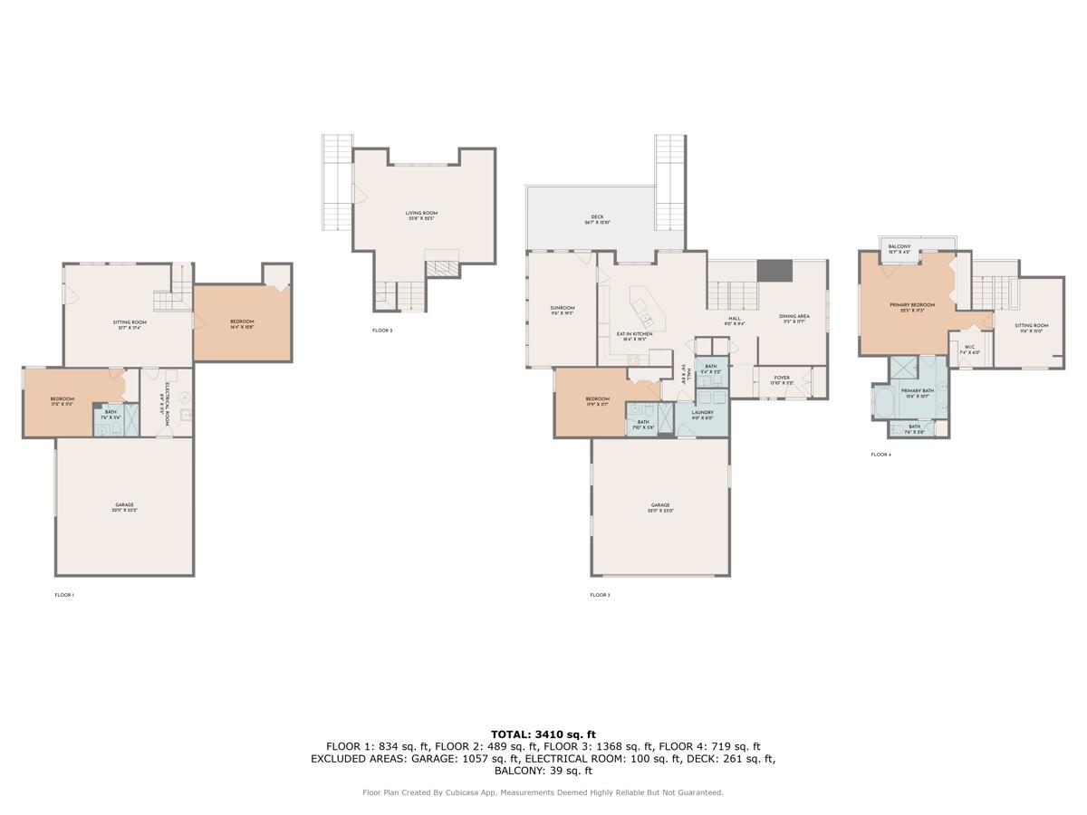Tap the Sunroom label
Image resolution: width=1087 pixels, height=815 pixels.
[x=563, y=311]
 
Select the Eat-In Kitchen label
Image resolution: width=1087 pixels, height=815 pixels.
[x=635, y=336]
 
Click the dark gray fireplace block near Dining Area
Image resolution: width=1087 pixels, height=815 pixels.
[x=774, y=271]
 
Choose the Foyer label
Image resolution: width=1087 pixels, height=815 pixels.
[x=782, y=379]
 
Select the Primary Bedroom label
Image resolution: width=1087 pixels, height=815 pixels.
[x=911, y=307]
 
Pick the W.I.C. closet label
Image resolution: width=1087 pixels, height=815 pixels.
[x=969, y=350]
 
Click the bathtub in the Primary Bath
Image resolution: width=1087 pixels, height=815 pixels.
[x=884, y=400]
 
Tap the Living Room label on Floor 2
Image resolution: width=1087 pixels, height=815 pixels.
[x=422, y=215]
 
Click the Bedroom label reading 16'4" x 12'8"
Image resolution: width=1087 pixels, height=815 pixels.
[x=242, y=323]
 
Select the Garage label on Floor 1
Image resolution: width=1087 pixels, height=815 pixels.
[x=124, y=507]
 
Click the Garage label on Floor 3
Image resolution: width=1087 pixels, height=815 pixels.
[x=659, y=507]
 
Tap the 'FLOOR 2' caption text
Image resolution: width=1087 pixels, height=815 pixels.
[x=382, y=331]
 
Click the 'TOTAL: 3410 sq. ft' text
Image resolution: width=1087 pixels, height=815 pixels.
[x=543, y=734]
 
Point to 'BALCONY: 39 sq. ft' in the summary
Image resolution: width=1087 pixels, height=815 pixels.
[x=543, y=772]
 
